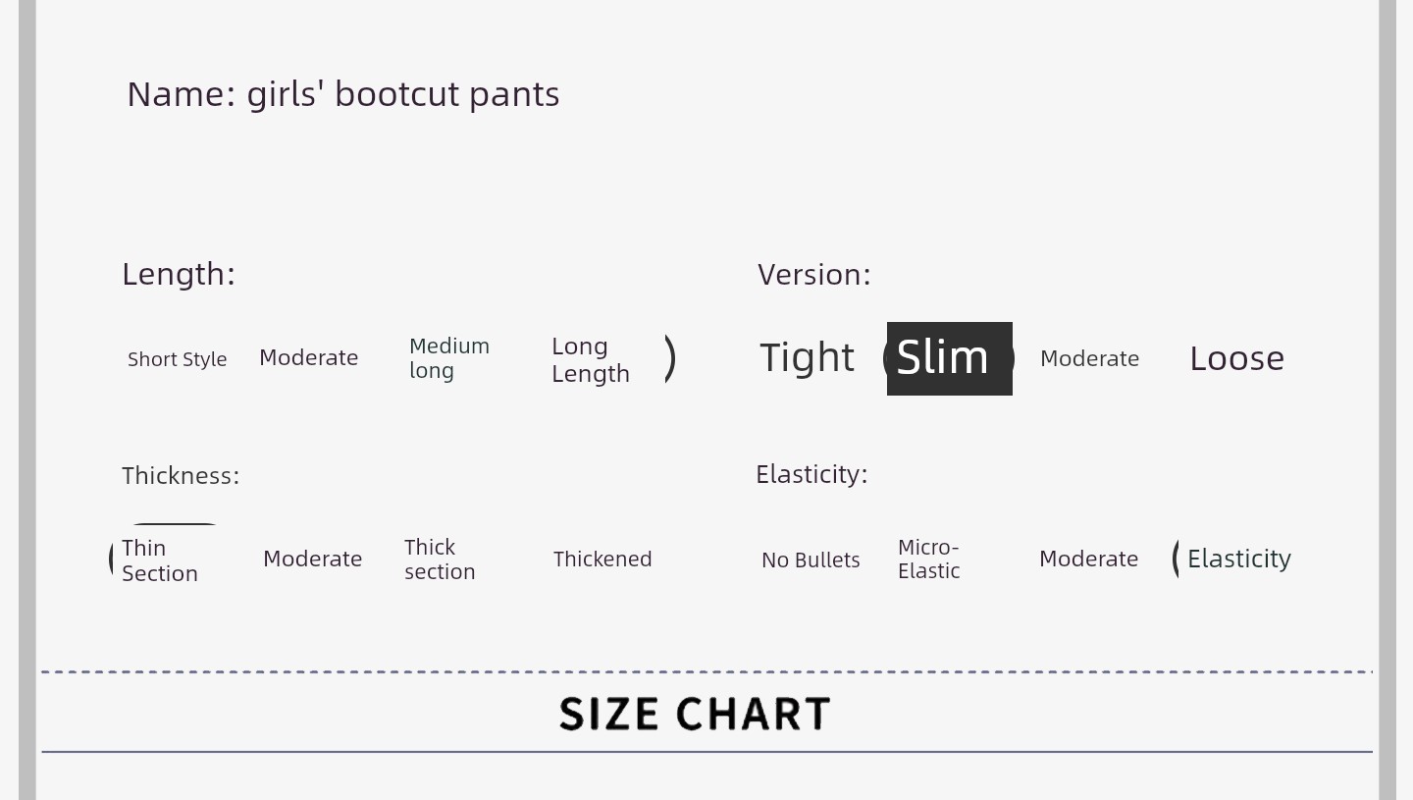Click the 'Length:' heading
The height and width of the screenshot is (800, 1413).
coord(179,275)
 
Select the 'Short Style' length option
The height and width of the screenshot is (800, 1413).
coord(178,359)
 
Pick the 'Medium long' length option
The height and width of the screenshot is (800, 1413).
coord(449,358)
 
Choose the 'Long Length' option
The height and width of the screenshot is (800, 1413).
coord(591,359)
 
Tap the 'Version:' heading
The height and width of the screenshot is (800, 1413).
coord(813,275)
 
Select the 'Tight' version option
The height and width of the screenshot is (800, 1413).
coord(807,357)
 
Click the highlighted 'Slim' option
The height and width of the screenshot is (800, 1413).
coord(950,358)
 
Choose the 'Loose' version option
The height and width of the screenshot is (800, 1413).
coord(1236,358)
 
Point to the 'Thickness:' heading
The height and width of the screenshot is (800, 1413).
coord(181,476)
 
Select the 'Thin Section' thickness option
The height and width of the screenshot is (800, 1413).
coord(160,560)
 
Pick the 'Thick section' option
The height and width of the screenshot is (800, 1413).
coord(440,559)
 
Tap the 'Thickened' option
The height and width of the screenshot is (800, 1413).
coord(602,559)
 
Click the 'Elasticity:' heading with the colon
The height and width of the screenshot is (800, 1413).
coord(811,474)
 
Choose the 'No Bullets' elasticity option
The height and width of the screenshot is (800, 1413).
coord(811,560)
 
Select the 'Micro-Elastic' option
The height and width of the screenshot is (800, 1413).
coord(928,559)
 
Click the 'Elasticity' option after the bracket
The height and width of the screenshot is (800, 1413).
coord(1239,559)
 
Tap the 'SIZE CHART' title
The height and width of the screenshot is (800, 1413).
coord(695,714)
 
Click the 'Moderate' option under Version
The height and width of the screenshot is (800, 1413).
coord(1089,358)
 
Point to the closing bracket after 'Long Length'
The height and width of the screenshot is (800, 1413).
coord(670,358)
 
